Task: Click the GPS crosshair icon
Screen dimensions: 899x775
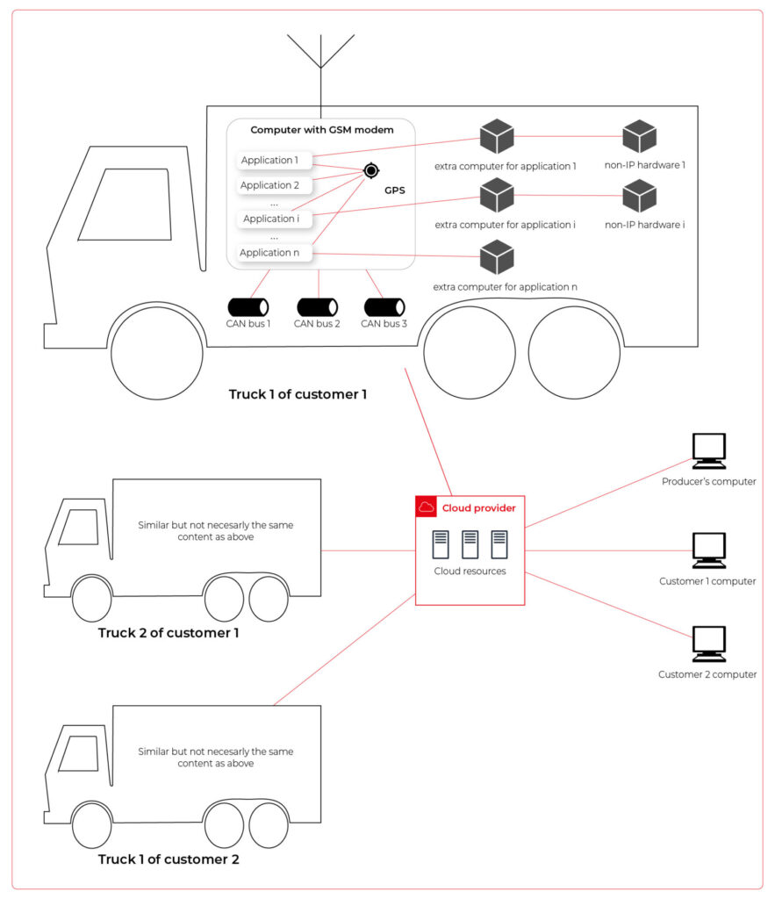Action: coord(370,170)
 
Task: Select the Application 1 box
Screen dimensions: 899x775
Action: coord(270,161)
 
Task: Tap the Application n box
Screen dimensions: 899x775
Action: coord(270,253)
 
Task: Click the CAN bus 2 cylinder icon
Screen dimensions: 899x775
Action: coord(317,307)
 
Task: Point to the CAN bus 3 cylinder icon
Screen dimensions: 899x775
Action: coord(384,307)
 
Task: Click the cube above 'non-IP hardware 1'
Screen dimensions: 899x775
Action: coord(640,136)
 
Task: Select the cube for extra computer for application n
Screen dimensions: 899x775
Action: coord(497,257)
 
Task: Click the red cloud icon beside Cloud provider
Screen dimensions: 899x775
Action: coord(426,507)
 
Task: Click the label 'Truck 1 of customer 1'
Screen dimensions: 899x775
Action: coord(298,394)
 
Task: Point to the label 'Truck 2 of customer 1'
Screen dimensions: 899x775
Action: coord(169,632)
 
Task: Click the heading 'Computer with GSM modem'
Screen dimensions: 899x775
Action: coord(321,130)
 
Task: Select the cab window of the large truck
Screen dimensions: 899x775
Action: coord(125,205)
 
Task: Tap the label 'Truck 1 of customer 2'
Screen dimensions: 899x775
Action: coord(169,859)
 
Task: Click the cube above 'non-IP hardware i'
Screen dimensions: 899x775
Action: coord(640,196)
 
